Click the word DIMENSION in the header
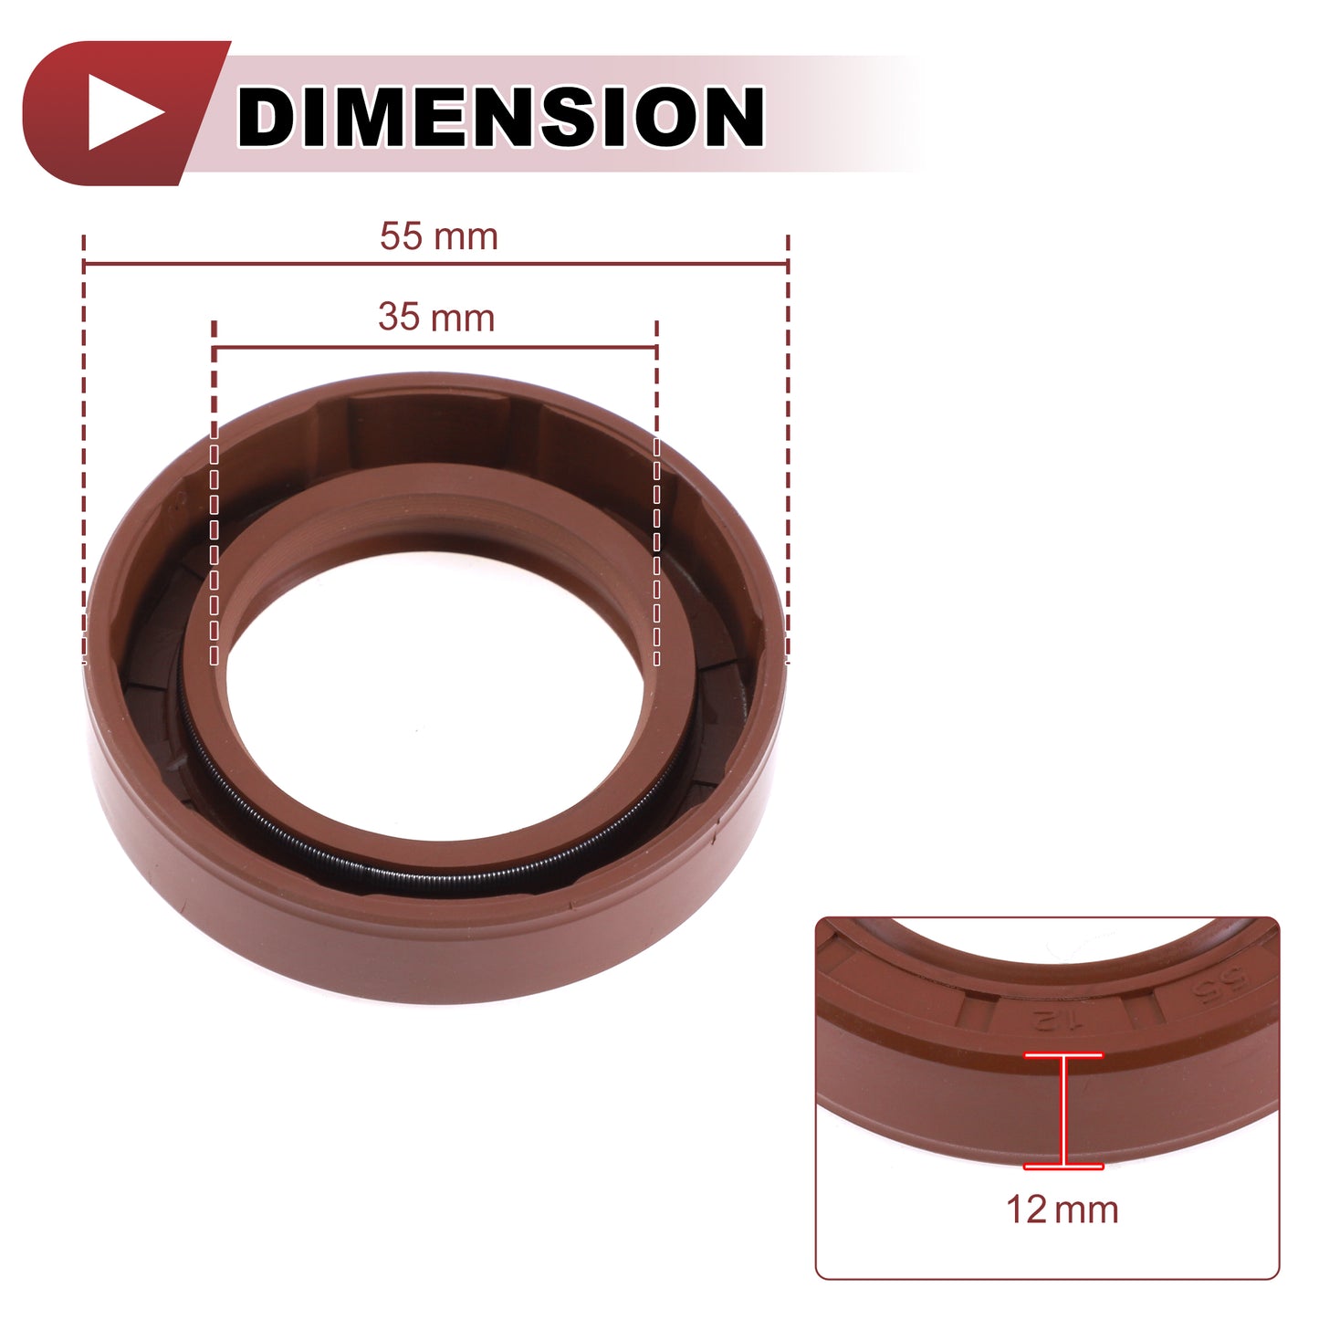click(x=500, y=116)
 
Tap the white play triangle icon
click(x=125, y=112)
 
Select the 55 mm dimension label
click(x=439, y=236)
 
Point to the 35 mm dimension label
click(x=436, y=318)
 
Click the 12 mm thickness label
click(x=1062, y=1209)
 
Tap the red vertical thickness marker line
click(x=1063, y=1110)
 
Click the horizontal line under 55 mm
click(x=435, y=263)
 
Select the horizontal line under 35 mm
click(x=435, y=348)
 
